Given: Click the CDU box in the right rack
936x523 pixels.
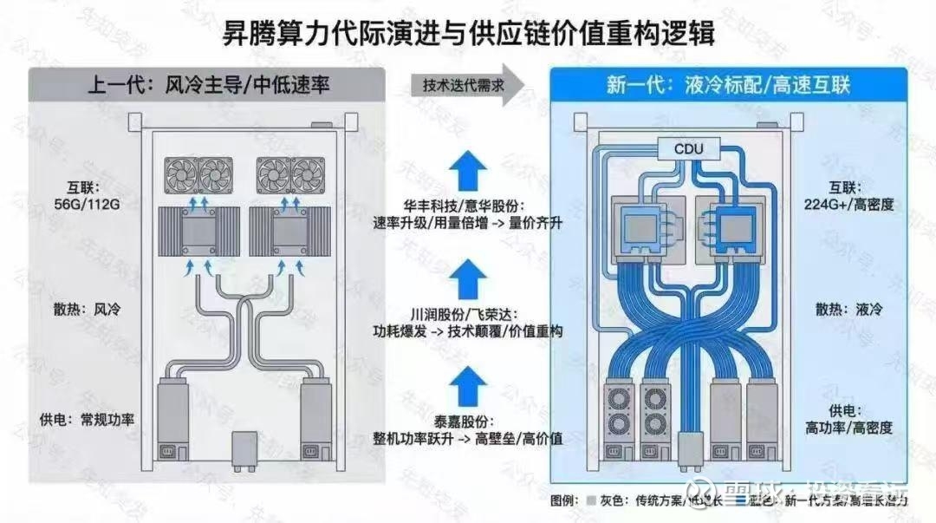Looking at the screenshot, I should [689, 149].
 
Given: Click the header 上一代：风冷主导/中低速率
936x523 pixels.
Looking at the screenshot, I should [209, 86].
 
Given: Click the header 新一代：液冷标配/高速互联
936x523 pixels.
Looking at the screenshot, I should [728, 86].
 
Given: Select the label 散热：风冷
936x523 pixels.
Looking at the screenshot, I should [82, 309].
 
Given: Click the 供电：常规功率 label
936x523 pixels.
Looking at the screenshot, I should [86, 419].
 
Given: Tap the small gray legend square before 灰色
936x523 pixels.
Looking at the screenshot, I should [590, 500].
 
